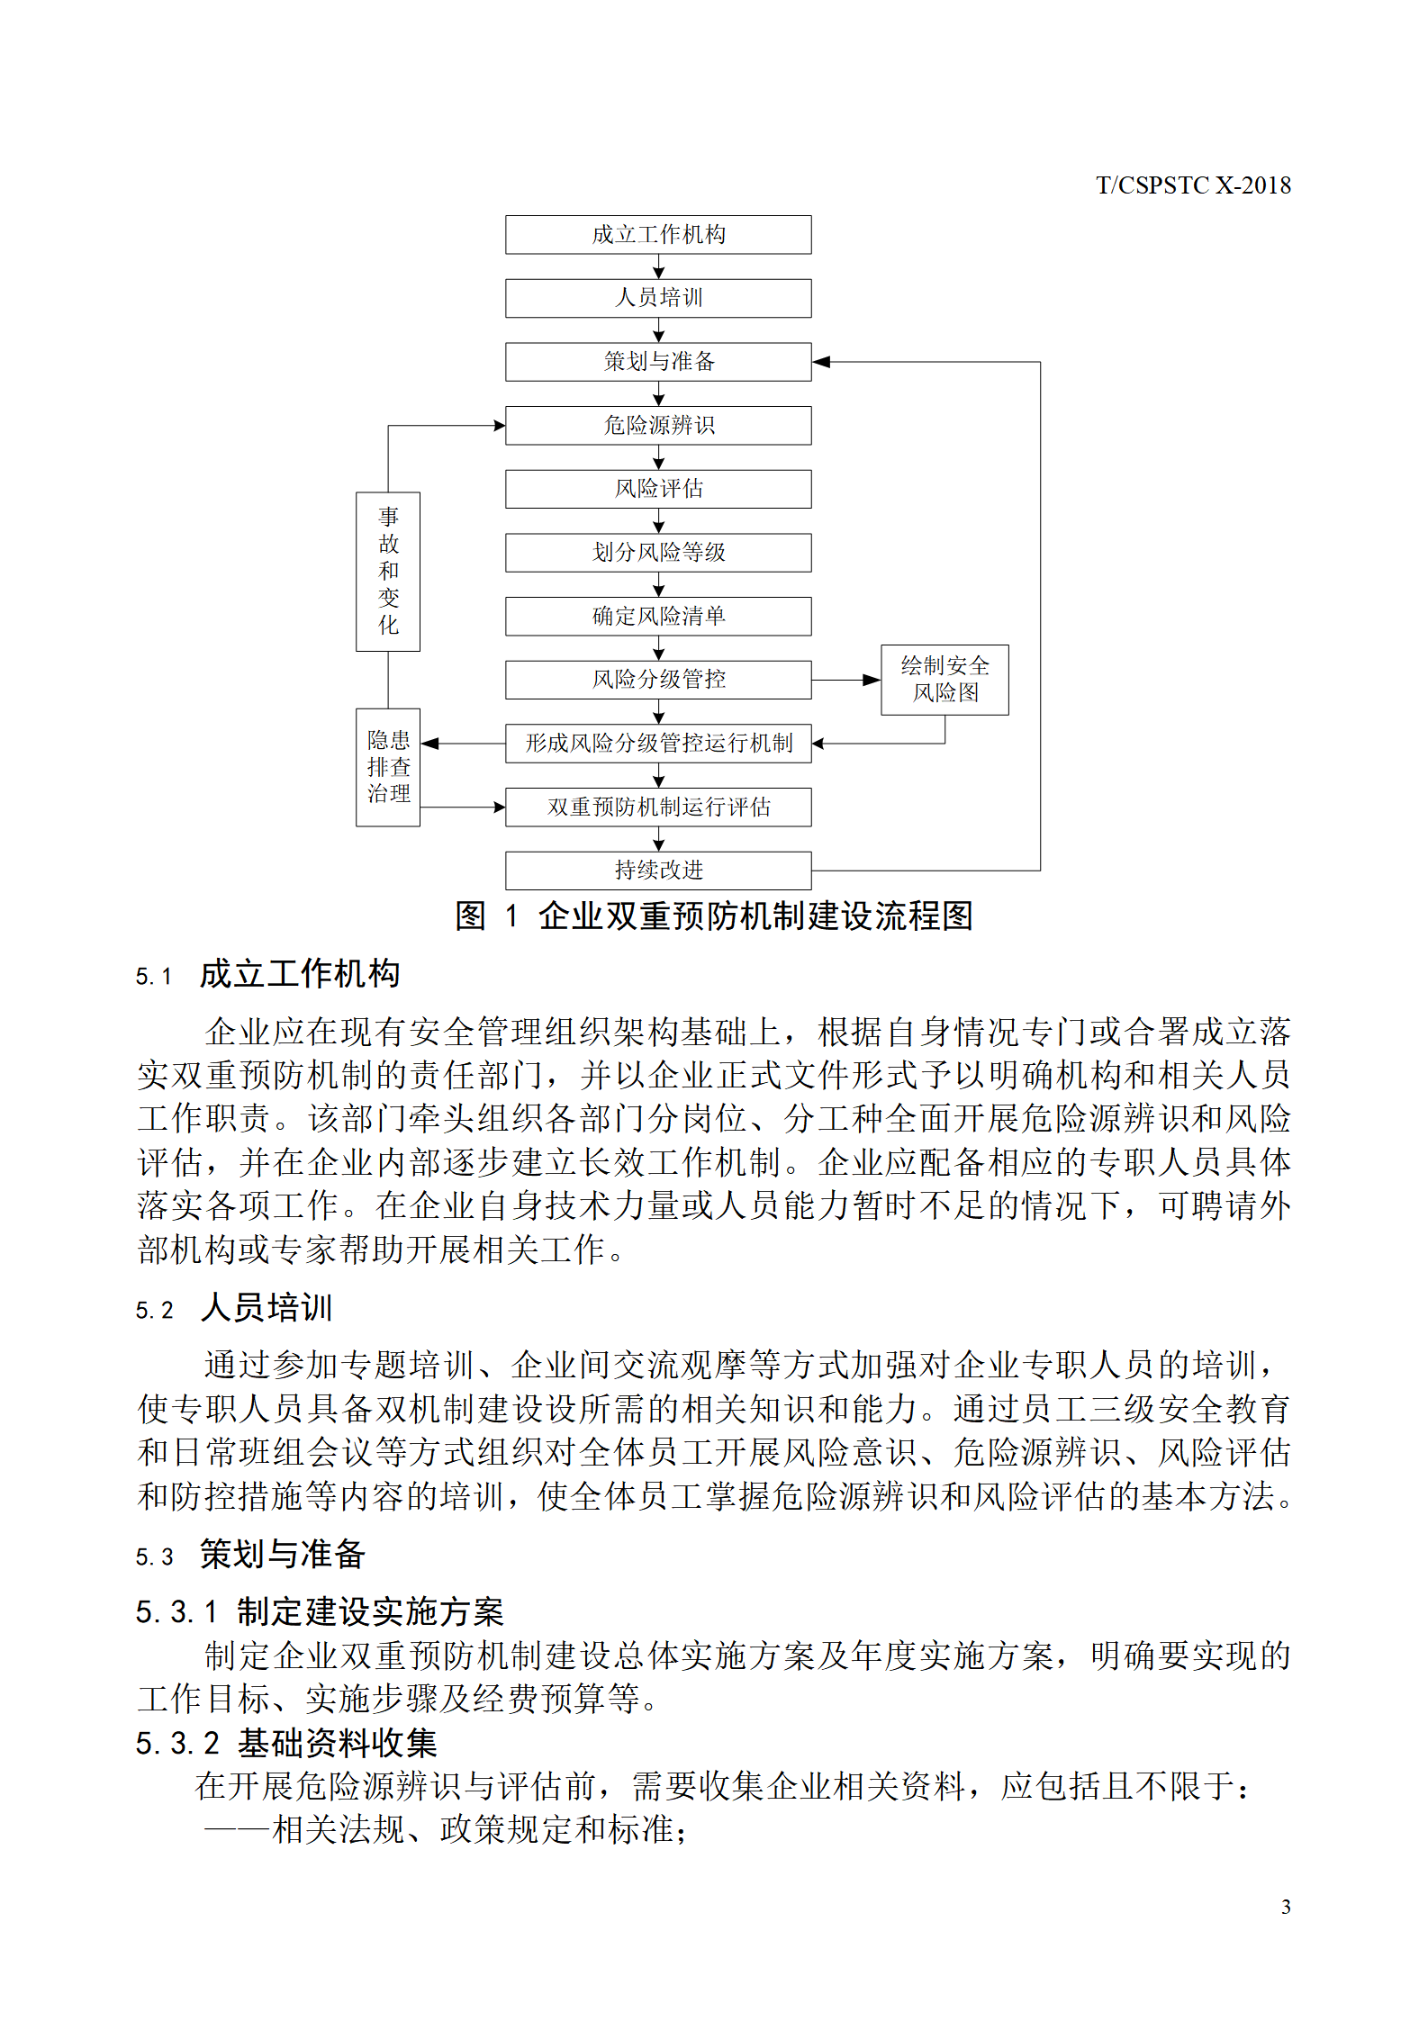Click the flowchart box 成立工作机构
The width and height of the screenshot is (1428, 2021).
tap(658, 234)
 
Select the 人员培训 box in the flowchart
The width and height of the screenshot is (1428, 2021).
tap(658, 298)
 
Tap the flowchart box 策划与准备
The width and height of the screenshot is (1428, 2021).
tap(658, 362)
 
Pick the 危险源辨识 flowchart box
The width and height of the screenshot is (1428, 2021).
tap(658, 425)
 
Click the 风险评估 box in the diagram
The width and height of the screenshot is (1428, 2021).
tap(658, 489)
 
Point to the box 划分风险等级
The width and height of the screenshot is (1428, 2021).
tap(658, 553)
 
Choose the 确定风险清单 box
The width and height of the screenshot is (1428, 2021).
tap(658, 617)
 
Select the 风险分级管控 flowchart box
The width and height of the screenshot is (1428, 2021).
tap(658, 680)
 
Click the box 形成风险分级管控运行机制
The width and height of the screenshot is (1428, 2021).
tap(658, 744)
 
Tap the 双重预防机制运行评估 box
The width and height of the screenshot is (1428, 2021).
tap(658, 807)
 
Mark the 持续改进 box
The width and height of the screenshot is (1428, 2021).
tap(658, 871)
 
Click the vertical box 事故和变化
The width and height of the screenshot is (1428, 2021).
tap(388, 571)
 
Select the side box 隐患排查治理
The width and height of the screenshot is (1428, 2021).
tap(388, 767)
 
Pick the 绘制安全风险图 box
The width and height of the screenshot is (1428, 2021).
tap(944, 680)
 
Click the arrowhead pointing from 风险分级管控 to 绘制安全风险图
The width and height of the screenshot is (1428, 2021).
tap(872, 680)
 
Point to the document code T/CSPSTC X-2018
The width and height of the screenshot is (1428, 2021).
tap(1193, 185)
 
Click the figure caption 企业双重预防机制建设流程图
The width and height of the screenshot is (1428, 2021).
tap(755, 916)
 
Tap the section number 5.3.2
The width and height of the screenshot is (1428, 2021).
tap(177, 1744)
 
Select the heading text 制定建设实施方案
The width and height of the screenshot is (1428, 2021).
tap(370, 1611)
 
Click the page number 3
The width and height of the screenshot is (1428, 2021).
tap(1286, 1907)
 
